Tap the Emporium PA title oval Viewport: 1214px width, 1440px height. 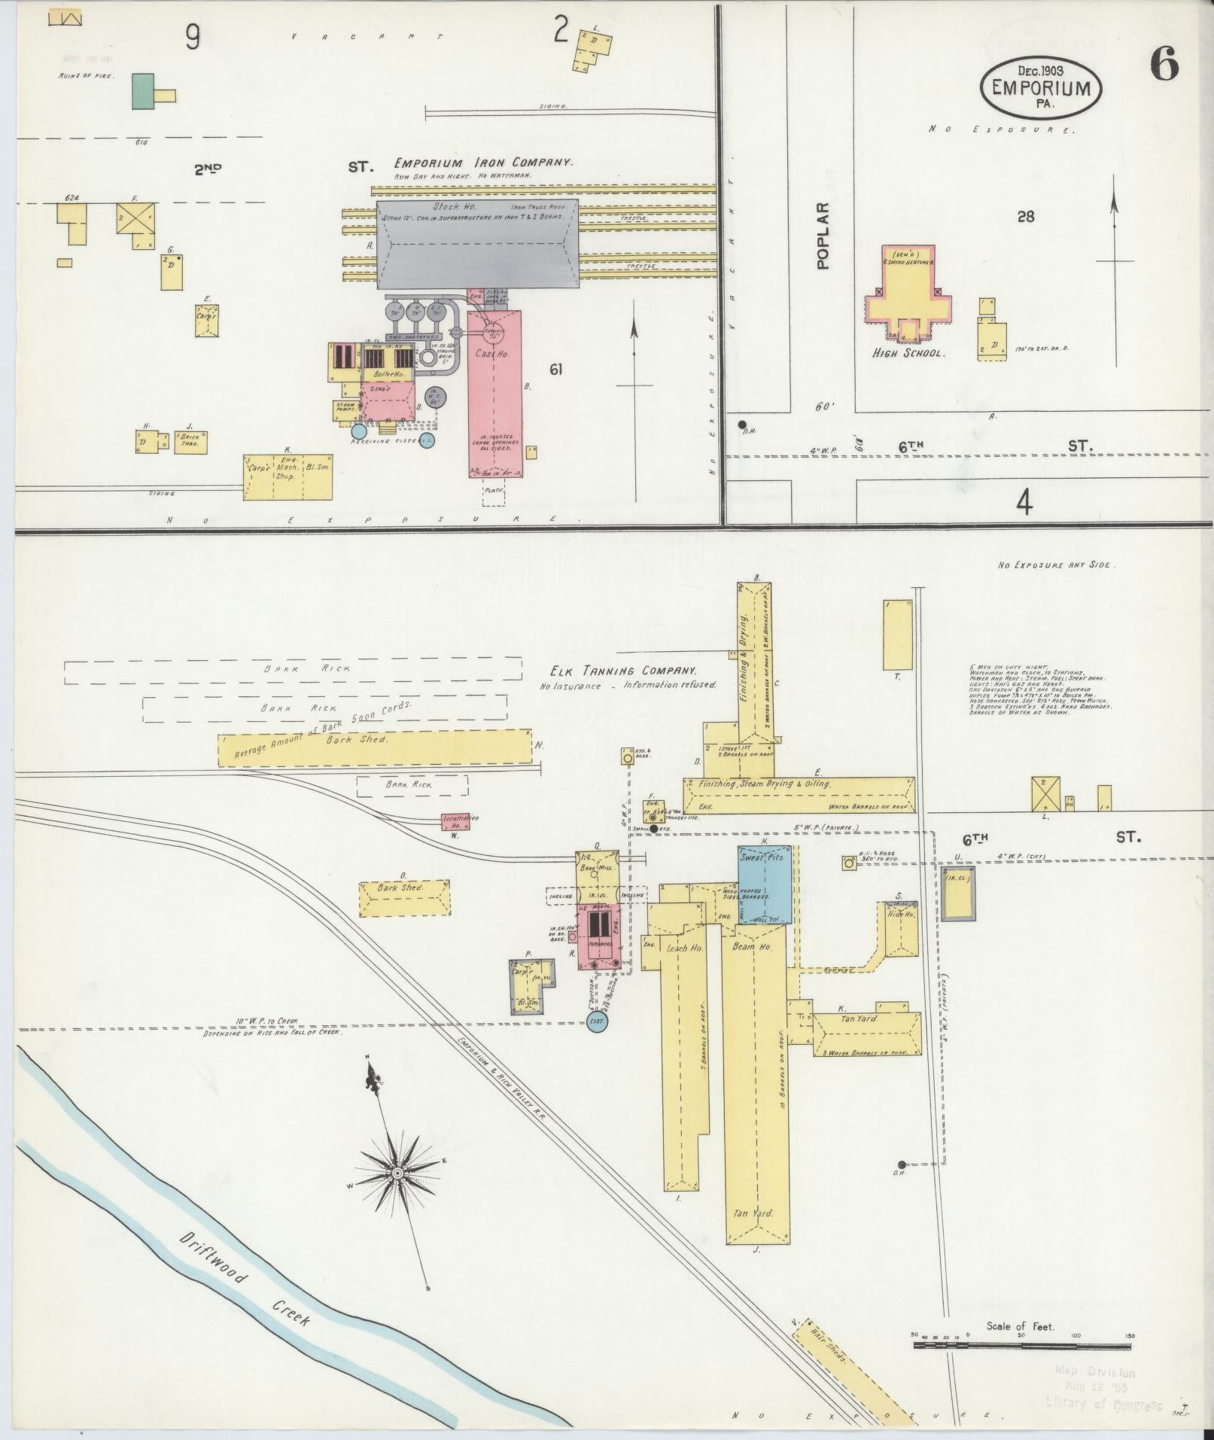[1040, 88]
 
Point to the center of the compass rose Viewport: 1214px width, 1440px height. [397, 1194]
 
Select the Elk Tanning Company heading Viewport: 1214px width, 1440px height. [622, 671]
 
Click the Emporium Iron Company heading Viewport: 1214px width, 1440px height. [482, 163]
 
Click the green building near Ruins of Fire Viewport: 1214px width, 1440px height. [143, 91]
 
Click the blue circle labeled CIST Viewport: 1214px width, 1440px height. [598, 1021]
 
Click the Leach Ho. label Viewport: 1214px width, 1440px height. [684, 948]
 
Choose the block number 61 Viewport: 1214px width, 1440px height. [556, 369]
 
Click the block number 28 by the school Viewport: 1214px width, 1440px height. [1025, 217]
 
